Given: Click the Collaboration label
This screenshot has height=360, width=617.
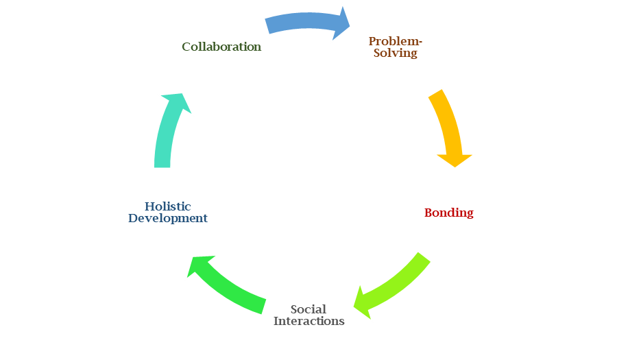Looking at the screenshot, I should [221, 47].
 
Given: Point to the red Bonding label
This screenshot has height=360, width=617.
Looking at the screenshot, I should [448, 213].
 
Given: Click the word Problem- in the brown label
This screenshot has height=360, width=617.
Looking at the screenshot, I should [396, 41].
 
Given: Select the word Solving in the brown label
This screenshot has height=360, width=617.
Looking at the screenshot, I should [396, 53].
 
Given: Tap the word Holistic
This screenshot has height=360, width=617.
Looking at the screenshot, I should [168, 206].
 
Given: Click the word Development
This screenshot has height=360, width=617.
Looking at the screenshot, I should [168, 218].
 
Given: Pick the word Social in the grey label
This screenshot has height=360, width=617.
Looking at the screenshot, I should [308, 309].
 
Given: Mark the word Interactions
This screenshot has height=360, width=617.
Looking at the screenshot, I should [308, 320].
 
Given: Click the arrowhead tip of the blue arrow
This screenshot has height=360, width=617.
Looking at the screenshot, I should [350, 25].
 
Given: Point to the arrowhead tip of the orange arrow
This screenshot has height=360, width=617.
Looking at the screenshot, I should [455, 167].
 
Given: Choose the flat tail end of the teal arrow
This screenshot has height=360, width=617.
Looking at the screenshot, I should [162, 167].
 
